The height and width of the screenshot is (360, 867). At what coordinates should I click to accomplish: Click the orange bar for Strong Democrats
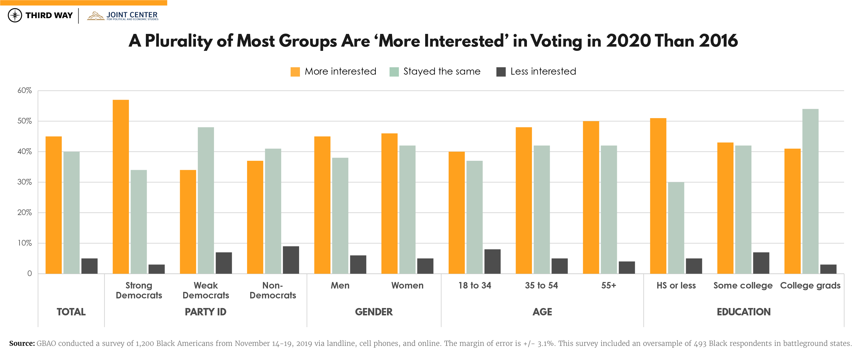tap(121, 187)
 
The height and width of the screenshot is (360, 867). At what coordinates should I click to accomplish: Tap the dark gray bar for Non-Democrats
tap(291, 260)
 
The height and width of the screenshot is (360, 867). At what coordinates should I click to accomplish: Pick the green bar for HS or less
tap(676, 228)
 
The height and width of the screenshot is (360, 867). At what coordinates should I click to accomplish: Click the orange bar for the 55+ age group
tap(591, 197)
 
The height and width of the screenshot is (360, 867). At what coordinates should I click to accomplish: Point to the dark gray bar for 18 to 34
tap(492, 261)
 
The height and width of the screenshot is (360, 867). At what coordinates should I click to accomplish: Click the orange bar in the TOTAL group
tap(53, 205)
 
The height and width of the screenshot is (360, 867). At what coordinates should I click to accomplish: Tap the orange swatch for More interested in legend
tap(295, 72)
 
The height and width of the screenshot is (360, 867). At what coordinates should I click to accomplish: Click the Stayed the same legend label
tap(442, 71)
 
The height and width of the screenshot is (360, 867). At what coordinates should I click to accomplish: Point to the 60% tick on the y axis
tap(25, 90)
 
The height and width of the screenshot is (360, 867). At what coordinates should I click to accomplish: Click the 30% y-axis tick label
tap(25, 182)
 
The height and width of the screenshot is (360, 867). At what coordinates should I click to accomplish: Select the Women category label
tap(407, 285)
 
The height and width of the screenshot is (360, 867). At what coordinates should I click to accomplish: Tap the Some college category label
tap(743, 285)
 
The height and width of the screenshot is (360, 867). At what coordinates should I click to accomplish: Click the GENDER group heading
tap(374, 312)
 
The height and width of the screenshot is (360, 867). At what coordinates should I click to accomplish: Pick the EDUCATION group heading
tap(743, 312)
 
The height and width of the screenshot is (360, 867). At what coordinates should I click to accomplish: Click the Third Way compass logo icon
tap(15, 15)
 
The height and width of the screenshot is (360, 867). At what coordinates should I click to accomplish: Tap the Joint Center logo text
tap(132, 15)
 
